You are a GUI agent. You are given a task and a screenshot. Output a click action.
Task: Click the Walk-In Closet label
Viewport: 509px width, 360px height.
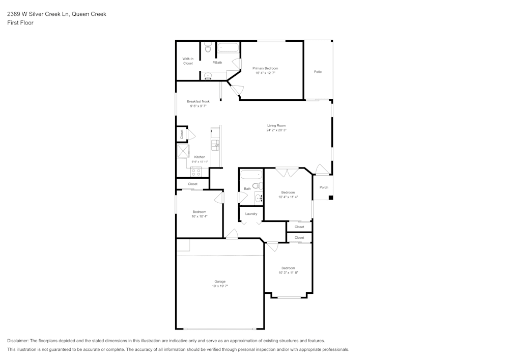coord(188,61)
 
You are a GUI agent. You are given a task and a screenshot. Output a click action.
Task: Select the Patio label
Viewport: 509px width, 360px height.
coord(318,72)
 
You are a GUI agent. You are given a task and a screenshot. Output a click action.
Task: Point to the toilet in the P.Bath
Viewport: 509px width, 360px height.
coord(207,48)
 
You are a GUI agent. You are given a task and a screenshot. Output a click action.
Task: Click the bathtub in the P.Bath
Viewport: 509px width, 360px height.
coord(228,48)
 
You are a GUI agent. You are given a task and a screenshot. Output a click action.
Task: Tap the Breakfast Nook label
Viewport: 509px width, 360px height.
coord(198,101)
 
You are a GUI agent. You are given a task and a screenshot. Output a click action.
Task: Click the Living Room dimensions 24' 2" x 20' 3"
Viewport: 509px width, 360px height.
coord(276,130)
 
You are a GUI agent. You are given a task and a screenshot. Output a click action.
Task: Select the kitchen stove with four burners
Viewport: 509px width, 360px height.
coord(196,171)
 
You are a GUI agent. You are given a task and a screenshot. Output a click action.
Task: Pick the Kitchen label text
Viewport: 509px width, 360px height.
coord(200,157)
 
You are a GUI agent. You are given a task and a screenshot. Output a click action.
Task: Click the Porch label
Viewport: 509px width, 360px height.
coord(324,187)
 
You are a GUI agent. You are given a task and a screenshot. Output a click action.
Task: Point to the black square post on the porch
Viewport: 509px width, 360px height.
coord(330,198)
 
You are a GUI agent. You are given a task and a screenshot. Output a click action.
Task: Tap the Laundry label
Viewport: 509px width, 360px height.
coord(251,214)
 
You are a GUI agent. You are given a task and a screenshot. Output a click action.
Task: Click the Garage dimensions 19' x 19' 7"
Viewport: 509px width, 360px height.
coord(219,286)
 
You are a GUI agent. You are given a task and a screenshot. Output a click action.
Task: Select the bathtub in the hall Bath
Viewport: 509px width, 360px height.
coord(250,175)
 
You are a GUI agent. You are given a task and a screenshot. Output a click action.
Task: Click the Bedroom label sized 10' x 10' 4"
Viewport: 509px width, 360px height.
coord(199,212)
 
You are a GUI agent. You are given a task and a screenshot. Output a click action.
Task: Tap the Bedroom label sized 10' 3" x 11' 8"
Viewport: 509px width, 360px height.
coord(288,268)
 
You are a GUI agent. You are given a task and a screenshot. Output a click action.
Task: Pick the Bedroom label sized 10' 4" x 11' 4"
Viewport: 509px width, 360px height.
coord(288,192)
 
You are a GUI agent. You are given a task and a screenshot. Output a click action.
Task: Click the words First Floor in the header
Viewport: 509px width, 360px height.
coord(20,23)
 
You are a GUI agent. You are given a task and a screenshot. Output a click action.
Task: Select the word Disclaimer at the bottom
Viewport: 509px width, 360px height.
coord(18,341)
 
